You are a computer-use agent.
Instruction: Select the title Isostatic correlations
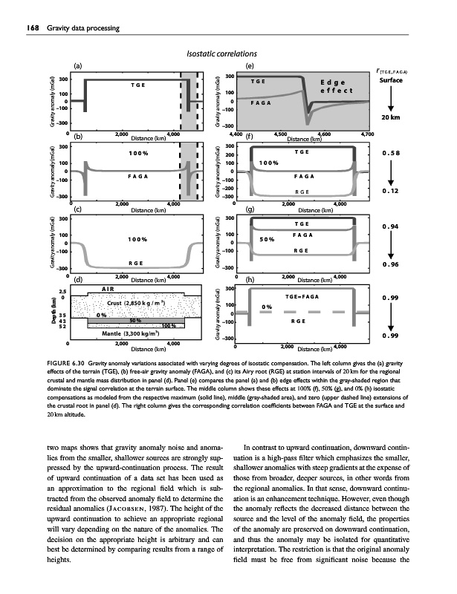coord(227,53)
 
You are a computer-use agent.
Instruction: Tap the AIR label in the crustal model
coord(109,289)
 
